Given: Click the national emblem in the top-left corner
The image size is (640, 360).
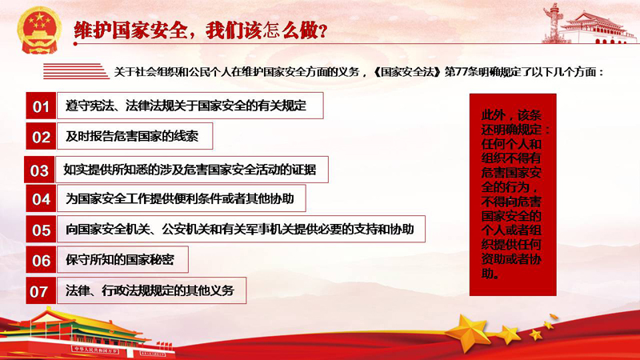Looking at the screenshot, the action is [39, 30].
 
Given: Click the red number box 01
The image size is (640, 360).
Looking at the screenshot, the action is [41, 106].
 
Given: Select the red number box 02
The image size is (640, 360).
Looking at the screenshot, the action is [41, 136].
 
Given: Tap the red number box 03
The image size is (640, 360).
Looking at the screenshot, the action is [39, 170].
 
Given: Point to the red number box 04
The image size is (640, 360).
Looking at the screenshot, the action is [41, 198].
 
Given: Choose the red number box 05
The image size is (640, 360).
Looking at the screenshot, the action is [41, 230].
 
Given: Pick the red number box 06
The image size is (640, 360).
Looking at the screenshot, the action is [41, 260].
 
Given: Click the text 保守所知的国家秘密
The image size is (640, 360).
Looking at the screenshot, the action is [120, 259].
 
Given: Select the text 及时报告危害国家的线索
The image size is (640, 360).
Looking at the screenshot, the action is [132, 136].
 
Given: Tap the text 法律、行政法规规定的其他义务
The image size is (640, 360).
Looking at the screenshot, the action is [150, 290].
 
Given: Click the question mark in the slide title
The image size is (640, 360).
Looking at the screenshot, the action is [323, 31].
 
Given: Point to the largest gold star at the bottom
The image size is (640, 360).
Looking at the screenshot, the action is [467, 331].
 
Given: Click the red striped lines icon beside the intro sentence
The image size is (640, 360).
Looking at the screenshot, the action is [76, 71].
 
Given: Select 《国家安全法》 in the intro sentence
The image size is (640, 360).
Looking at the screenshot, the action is [408, 72].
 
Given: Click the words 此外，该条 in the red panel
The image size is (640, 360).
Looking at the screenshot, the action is [511, 115].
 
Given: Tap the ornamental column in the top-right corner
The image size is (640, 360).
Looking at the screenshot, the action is [553, 22].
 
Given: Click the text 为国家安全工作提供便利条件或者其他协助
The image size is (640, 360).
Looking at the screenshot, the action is [179, 198].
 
